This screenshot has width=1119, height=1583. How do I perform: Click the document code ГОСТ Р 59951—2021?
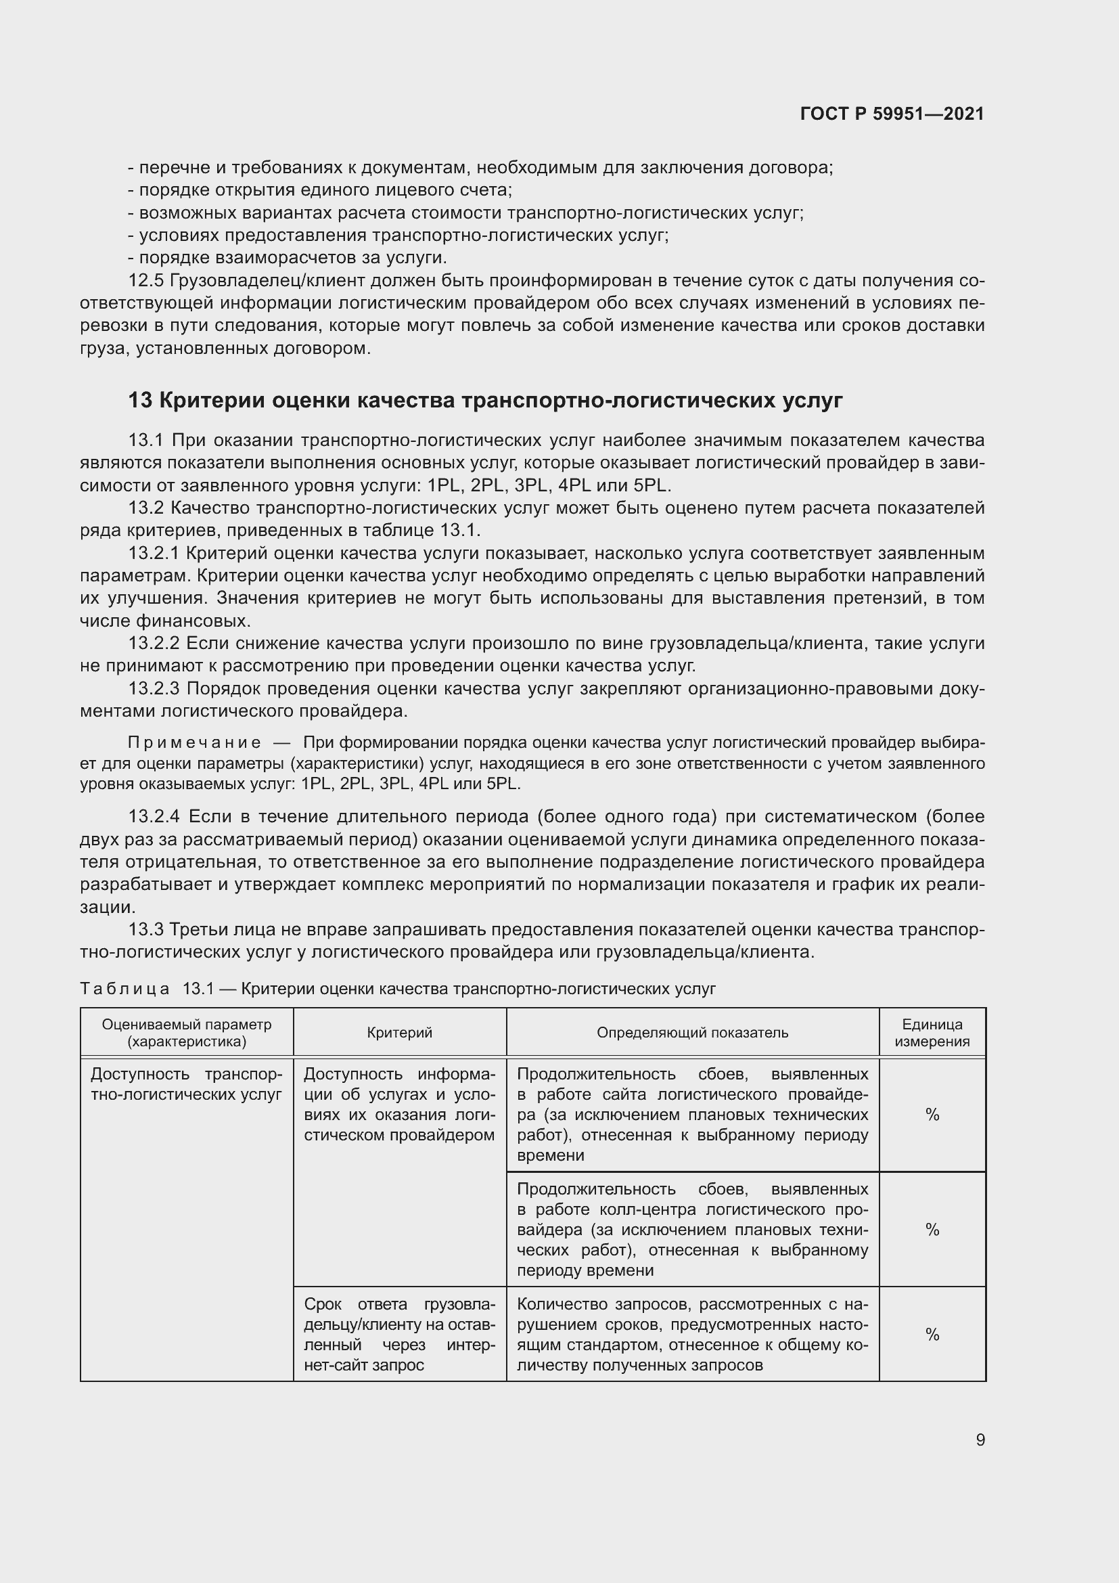892,114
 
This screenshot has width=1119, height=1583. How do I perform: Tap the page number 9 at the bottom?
980,1440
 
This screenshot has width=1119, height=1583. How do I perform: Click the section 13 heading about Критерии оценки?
485,401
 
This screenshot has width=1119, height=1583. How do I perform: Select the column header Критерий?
400,1032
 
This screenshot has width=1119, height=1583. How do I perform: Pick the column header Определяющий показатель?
692,1032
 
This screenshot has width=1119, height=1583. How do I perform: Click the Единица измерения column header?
932,1032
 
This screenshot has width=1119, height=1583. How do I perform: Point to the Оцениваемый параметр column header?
187,1032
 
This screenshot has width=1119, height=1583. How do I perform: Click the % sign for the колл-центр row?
932,1229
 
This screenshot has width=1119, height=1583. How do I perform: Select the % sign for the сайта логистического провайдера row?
932,1115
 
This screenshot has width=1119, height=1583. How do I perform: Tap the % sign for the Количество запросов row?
932,1335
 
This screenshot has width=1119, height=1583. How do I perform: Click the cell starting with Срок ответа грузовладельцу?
400,1335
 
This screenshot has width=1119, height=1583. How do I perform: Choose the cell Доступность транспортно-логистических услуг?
187,1084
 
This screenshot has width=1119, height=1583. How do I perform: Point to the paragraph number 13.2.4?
154,817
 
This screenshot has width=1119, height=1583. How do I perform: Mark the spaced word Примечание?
194,742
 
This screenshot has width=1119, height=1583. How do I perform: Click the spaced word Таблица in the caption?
124,989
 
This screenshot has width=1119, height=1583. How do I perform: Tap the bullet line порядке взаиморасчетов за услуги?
288,258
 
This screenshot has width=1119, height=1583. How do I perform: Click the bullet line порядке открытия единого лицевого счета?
321,190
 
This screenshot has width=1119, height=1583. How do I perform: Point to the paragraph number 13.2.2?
154,643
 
